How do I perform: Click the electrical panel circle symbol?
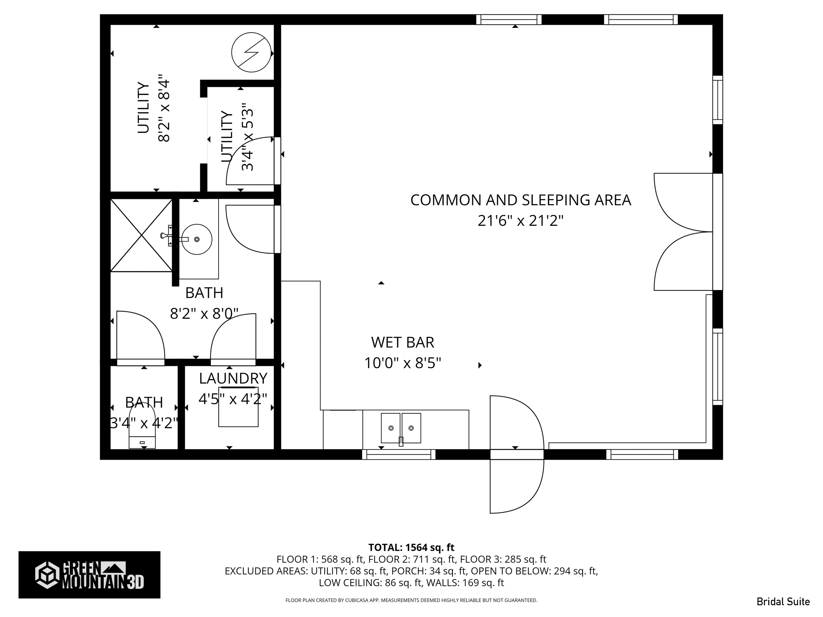pyautogui.click(x=251, y=52)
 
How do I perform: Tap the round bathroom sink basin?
pyautogui.click(x=197, y=239)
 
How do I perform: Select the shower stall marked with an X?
pyautogui.click(x=141, y=235)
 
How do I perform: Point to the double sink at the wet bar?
pyautogui.click(x=401, y=428)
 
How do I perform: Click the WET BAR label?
pyautogui.click(x=403, y=342)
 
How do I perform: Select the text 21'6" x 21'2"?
pyautogui.click(x=520, y=221)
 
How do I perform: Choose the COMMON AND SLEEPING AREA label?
pyautogui.click(x=520, y=200)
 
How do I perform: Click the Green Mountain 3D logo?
pyautogui.click(x=89, y=575)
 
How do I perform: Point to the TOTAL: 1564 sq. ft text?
pyautogui.click(x=411, y=547)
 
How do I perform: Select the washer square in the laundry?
pyautogui.click(x=238, y=407)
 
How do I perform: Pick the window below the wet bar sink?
pyautogui.click(x=398, y=454)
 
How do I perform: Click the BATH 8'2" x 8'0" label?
pyautogui.click(x=204, y=303)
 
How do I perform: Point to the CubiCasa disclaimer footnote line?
pyautogui.click(x=411, y=600)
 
